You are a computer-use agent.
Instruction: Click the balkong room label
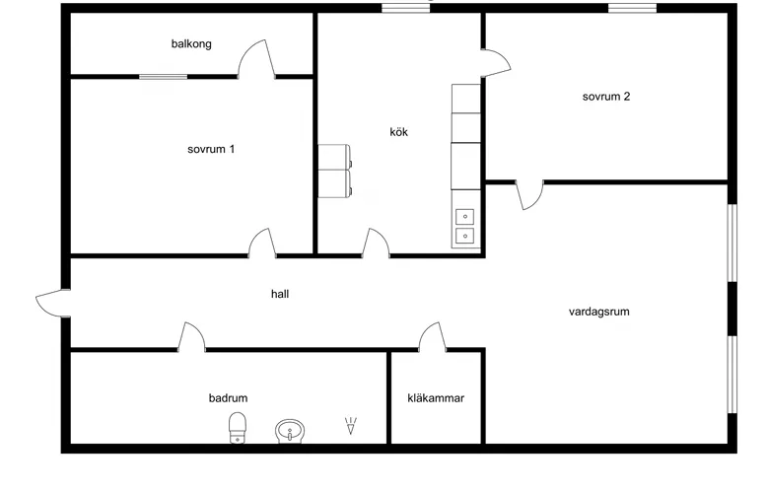[x=191, y=44]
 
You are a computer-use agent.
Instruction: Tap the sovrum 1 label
[x=211, y=149]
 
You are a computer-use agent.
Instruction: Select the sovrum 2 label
[x=606, y=97]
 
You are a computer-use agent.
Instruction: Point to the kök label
[x=398, y=132]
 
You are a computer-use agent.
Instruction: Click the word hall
[x=280, y=294]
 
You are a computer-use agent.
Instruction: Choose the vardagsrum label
[x=598, y=312]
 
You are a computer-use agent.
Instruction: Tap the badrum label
[x=228, y=398]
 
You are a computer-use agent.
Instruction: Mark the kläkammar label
[x=436, y=398]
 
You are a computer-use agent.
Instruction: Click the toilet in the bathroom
[x=238, y=428]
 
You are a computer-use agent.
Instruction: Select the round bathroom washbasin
[x=290, y=431]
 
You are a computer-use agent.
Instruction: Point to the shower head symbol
[x=351, y=426]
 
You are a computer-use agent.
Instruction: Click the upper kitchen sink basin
[x=464, y=216]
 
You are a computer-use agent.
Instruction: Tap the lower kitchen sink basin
[x=464, y=236]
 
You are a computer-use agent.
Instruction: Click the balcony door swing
[x=256, y=59]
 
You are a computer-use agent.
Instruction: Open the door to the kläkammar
[x=433, y=336]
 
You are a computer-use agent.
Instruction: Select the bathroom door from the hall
[x=191, y=336]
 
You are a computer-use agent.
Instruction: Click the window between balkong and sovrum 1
[x=164, y=77]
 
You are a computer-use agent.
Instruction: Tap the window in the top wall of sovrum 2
[x=633, y=8]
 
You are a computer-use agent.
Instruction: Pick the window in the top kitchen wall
[x=405, y=8]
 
